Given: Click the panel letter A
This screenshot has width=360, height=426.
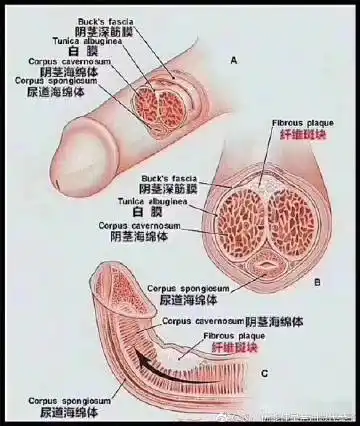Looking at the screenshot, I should pyautogui.click(x=233, y=60).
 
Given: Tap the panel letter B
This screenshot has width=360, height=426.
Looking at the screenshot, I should pyautogui.click(x=317, y=282).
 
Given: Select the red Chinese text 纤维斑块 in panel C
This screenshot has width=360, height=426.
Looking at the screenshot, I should pyautogui.click(x=232, y=349).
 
